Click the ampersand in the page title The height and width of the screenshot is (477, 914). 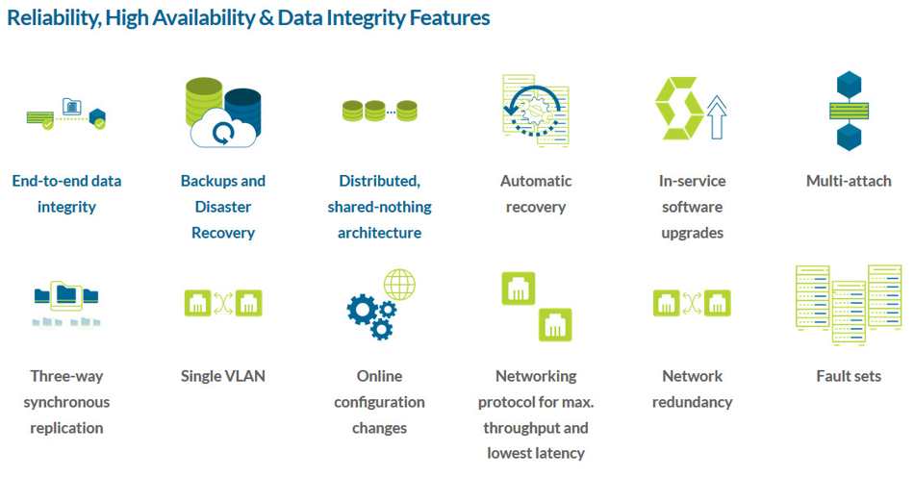pyautogui.click(x=267, y=18)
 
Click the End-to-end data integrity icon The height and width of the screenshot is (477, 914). pyautogui.click(x=66, y=114)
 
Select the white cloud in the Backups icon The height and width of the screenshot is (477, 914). pyautogui.click(x=222, y=129)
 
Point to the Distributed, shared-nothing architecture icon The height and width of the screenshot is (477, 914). pyautogui.click(x=379, y=111)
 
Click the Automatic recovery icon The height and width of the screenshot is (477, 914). pyautogui.click(x=536, y=110)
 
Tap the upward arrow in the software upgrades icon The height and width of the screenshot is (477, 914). pyautogui.click(x=717, y=117)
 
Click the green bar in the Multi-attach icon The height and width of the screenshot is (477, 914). pyautogui.click(x=849, y=111)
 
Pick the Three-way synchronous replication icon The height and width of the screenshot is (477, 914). pyautogui.click(x=66, y=304)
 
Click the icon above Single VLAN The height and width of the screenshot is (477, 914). pyautogui.click(x=223, y=304)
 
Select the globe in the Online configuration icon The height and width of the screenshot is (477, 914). pyautogui.click(x=399, y=285)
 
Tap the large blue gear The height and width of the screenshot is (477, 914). pyautogui.click(x=361, y=309)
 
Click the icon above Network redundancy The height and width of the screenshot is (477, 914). pyautogui.click(x=692, y=304)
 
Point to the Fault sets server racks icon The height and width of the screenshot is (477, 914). pyautogui.click(x=849, y=305)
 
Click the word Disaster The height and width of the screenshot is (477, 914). pyautogui.click(x=223, y=207)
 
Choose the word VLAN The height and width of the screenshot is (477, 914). pyautogui.click(x=244, y=376)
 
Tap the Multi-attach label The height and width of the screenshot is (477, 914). pyautogui.click(x=849, y=181)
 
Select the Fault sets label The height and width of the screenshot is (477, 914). pyautogui.click(x=849, y=376)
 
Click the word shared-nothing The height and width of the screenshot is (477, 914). pyautogui.click(x=379, y=208)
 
